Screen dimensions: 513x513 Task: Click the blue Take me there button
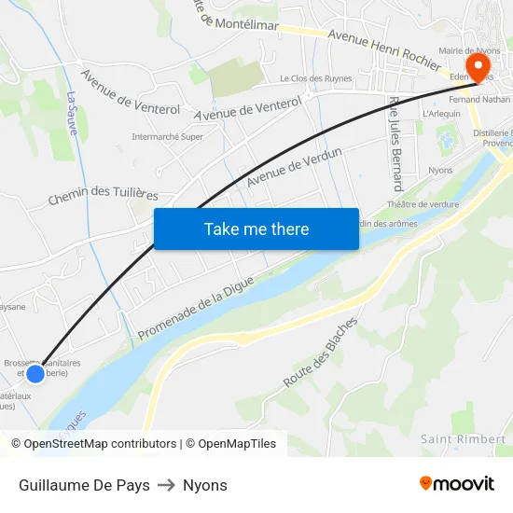pyautogui.click(x=256, y=229)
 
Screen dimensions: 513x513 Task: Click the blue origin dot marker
pyautogui.click(x=35, y=374)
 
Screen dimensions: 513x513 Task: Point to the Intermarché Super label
pyautogui.click(x=167, y=136)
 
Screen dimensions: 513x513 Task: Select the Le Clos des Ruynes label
pyautogui.click(x=315, y=79)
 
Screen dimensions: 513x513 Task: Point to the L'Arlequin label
pyautogui.click(x=441, y=113)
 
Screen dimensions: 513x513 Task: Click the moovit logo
pyautogui.click(x=457, y=484)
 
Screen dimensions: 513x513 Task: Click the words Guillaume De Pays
pyautogui.click(x=84, y=485)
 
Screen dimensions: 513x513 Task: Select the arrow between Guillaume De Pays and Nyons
pyautogui.click(x=166, y=485)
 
